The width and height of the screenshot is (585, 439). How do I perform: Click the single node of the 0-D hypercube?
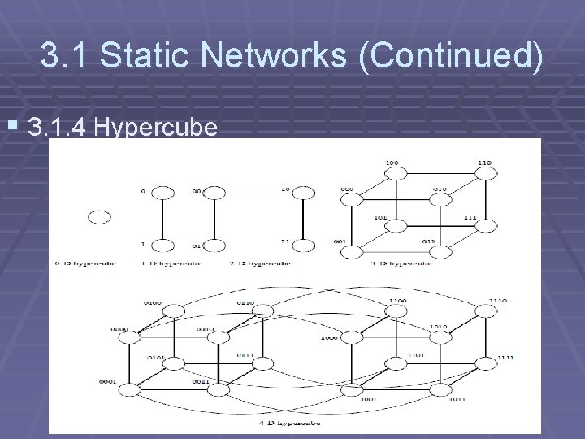point(99,217)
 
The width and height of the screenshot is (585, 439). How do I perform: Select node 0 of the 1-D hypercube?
point(162,193)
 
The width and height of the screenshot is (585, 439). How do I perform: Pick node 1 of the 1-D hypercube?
point(162,246)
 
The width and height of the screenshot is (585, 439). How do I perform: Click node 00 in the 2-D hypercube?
point(214,193)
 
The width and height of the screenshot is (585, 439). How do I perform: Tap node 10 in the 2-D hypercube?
point(303,193)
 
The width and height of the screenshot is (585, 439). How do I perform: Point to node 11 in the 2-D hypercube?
point(303,246)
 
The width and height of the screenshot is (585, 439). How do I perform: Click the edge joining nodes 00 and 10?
point(258,193)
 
